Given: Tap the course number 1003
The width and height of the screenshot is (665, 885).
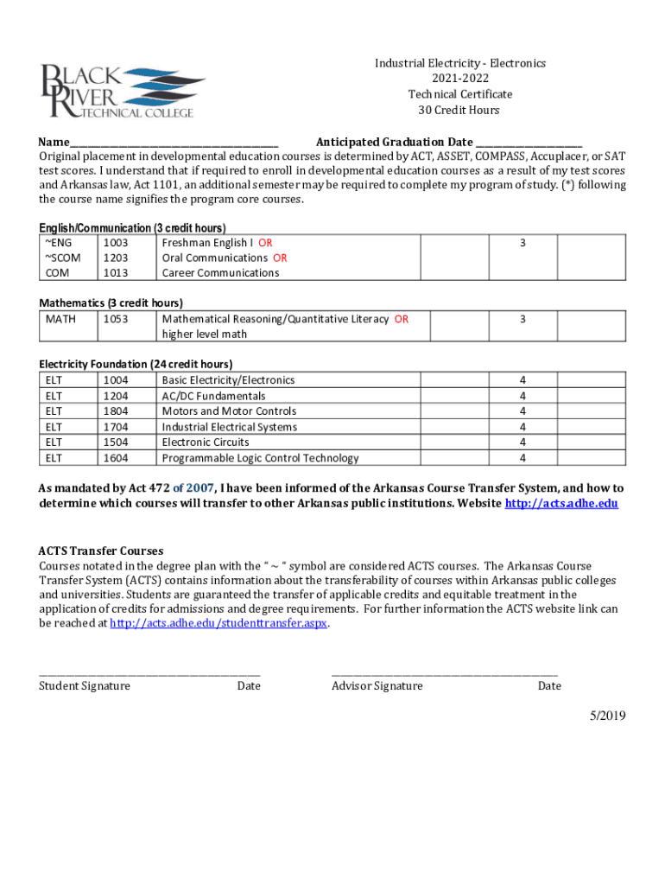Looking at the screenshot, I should point(115,244).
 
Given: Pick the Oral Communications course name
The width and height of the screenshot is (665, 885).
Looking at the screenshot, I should point(215,258).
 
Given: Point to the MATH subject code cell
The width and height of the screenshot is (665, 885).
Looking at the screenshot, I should point(60,319).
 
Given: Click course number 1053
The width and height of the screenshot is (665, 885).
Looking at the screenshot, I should point(115,319).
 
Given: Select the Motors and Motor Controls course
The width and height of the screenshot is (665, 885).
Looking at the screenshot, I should point(229,411).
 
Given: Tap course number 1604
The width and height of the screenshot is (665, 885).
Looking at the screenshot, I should point(115,458).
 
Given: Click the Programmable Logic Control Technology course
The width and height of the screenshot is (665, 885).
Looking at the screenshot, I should point(260,458).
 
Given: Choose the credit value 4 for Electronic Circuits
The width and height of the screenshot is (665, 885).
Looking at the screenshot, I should point(522,442).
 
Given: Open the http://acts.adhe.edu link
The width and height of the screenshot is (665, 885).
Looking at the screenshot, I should point(560,503).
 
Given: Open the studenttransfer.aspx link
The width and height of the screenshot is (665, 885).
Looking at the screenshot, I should point(219,622).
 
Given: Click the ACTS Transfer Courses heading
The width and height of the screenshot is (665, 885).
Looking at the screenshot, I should point(101,551).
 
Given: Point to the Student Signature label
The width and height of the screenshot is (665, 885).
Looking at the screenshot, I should point(85,686).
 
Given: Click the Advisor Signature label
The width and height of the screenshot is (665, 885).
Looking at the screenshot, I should point(377,686).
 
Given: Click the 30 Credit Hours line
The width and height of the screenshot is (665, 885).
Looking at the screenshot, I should point(459,111).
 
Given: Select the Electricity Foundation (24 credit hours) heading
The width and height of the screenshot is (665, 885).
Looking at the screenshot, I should point(136,364).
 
